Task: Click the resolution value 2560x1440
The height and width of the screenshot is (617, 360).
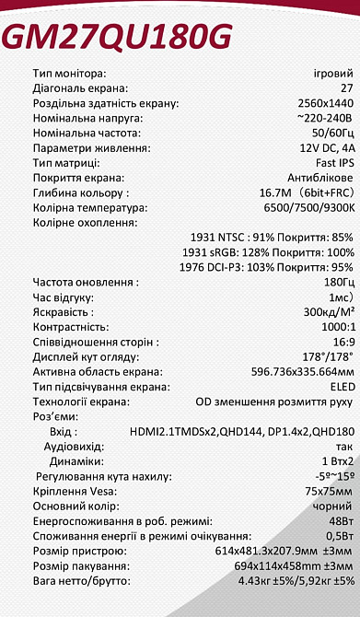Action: coord(326,103)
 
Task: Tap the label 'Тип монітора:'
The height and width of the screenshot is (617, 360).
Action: coord(69,73)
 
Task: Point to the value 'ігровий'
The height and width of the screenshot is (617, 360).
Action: coord(332,73)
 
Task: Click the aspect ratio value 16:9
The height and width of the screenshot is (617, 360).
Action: coord(342,342)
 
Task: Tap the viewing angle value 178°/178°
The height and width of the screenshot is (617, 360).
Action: coord(328,356)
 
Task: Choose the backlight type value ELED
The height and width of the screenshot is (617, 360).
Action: coord(341,387)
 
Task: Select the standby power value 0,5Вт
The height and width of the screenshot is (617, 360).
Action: coord(338,536)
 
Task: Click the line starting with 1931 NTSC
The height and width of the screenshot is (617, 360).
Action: coord(271,237)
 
